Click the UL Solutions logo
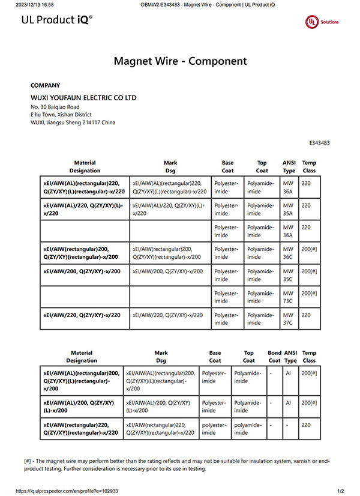pyautogui.click(x=322, y=22)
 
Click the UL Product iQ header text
pyautogui.click(x=57, y=20)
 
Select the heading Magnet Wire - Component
pyautogui.click(x=180, y=61)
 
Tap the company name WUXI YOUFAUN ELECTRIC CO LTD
pyautogui.click(x=83, y=97)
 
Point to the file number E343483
pyautogui.click(x=319, y=143)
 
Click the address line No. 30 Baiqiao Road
pyautogui.click(x=55, y=107)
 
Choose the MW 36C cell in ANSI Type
pyautogui.click(x=288, y=253)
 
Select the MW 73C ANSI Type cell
pyautogui.click(x=288, y=297)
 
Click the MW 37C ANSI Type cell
pyautogui.click(x=288, y=319)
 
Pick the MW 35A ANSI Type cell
pyautogui.click(x=288, y=209)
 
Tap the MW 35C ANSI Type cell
pyautogui.click(x=288, y=275)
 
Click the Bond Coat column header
pyautogui.click(x=274, y=357)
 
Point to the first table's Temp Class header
pyautogui.click(x=309, y=166)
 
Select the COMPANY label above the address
pyautogui.click(x=45, y=85)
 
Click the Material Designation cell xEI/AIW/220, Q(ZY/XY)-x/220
pyautogui.click(x=82, y=315)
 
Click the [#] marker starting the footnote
pyautogui.click(x=28, y=461)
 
